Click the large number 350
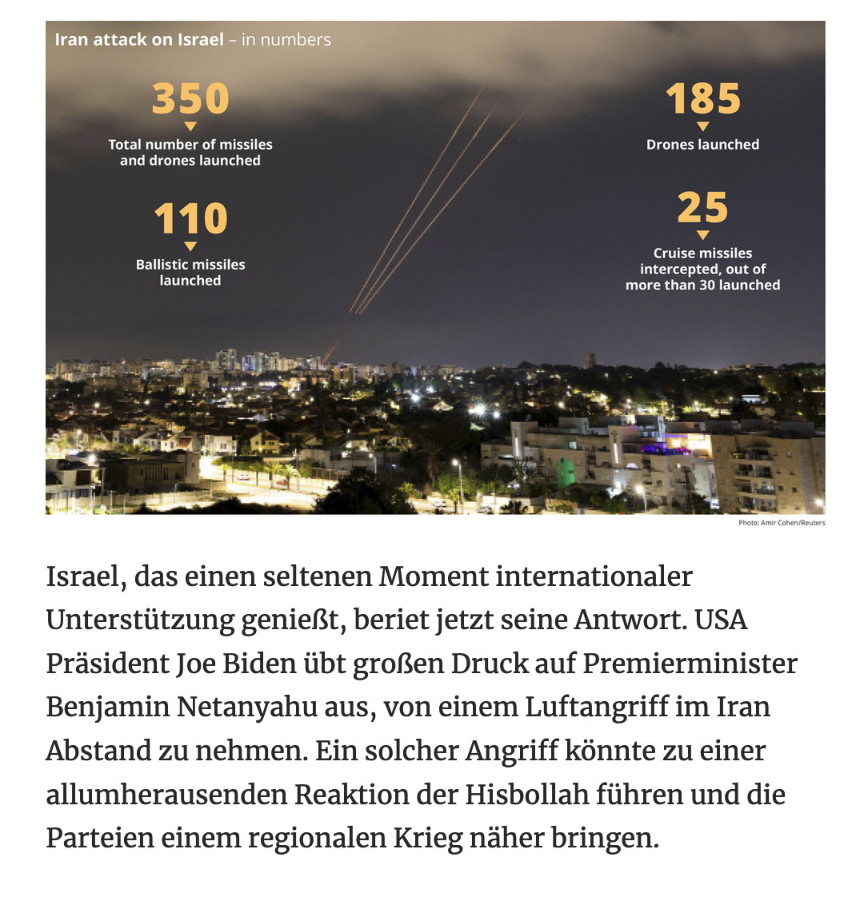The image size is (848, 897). pos(190,98)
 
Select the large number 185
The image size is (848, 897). pos(703,98)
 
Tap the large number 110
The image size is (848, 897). pos(190,219)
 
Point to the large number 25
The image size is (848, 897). pos(703,208)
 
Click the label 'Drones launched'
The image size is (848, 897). pos(703,145)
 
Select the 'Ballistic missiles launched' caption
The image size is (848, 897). pos(190,273)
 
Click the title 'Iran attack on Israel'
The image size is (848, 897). pos(139,39)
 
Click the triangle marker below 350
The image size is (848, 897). pos(190,126)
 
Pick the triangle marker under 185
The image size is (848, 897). pos(703,126)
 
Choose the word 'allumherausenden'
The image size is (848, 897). pos(165,795)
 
